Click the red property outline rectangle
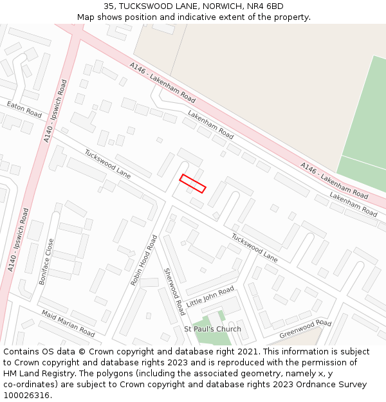[192, 183]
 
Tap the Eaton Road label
[24, 109]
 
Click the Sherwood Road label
[174, 291]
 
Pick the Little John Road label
[210, 297]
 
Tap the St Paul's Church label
[213, 329]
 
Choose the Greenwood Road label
[305, 329]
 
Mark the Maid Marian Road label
[68, 323]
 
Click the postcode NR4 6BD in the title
[265, 6]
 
